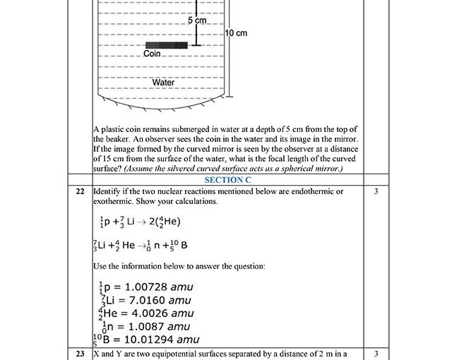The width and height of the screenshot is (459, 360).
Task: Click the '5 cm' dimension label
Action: pos(196,21)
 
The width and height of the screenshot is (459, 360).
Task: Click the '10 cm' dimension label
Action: pos(236,33)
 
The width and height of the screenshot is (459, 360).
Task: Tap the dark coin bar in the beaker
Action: pos(166,45)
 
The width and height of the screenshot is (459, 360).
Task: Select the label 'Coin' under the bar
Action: pos(152,54)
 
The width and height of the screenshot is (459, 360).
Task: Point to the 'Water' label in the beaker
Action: pos(163,83)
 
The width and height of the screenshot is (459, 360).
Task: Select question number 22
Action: pos(79,191)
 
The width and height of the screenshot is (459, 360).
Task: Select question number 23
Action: pos(79,353)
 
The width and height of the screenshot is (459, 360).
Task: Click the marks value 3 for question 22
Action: pos(376,191)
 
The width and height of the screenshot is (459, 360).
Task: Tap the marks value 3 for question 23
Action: pos(376,353)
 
